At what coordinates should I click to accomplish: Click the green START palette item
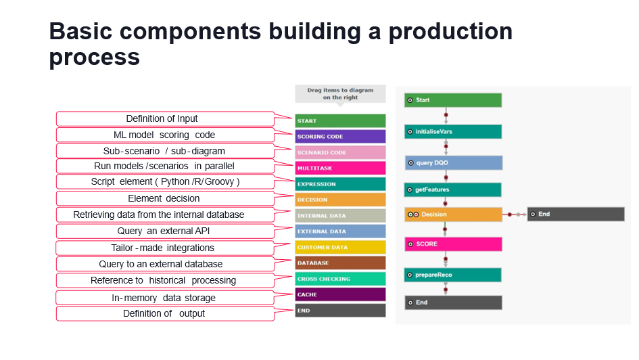point(340,120)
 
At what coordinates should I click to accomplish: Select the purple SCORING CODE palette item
point(340,136)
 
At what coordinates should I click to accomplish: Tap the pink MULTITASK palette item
point(340,168)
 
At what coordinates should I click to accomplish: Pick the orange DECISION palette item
point(340,200)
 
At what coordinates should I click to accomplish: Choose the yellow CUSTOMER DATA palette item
point(340,247)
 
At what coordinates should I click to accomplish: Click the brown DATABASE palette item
point(340,263)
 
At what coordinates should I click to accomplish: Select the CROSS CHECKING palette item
point(340,279)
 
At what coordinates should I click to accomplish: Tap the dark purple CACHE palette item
point(340,294)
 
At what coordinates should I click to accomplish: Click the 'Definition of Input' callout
point(162,119)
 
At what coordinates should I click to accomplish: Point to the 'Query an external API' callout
point(162,231)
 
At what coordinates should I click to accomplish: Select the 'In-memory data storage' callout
point(162,298)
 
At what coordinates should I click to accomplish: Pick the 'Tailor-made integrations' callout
point(162,248)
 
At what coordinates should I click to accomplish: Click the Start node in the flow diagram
point(452,100)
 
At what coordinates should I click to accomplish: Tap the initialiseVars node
point(452,131)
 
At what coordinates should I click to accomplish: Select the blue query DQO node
point(452,162)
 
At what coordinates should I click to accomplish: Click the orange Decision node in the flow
point(452,215)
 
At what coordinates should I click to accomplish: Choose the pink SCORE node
point(452,244)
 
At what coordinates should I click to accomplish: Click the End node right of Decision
point(575,214)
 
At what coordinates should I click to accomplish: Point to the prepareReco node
point(452,275)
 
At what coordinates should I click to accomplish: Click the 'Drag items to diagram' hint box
point(339,93)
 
